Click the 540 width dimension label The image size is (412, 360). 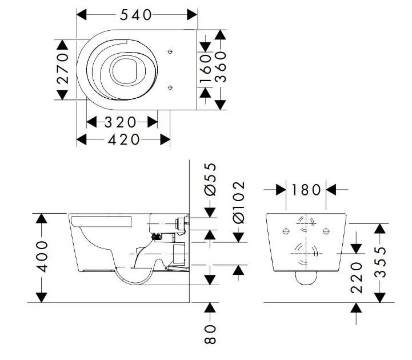coord(135,15)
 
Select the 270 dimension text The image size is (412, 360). coord(63,69)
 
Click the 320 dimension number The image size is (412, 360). coord(121,122)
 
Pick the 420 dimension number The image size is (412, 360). coord(123,139)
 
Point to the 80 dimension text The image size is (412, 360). coord(210,335)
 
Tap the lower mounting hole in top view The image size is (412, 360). coord(171,87)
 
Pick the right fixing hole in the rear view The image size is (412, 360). coord(326,231)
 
